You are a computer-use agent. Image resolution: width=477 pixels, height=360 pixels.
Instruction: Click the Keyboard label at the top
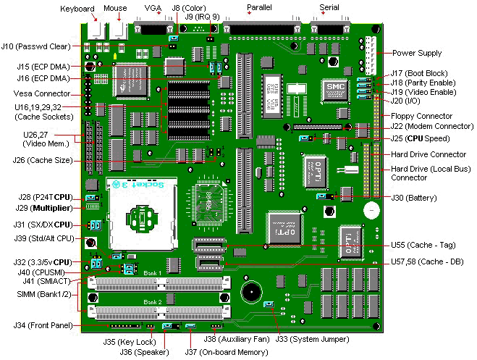[x=77, y=9]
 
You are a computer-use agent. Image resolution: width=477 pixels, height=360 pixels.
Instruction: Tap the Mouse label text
[x=116, y=9]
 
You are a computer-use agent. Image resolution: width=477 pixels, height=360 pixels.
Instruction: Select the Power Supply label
[x=418, y=53]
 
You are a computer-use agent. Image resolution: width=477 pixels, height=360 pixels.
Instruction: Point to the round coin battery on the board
[x=371, y=211]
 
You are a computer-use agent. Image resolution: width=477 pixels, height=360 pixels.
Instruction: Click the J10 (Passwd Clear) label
[x=35, y=46]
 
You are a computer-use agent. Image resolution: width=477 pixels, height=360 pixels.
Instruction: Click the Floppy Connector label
[x=423, y=116]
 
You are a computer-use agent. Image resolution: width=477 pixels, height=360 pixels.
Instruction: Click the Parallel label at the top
[x=259, y=8]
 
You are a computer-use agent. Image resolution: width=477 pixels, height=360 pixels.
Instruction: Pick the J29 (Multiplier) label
[x=46, y=208]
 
